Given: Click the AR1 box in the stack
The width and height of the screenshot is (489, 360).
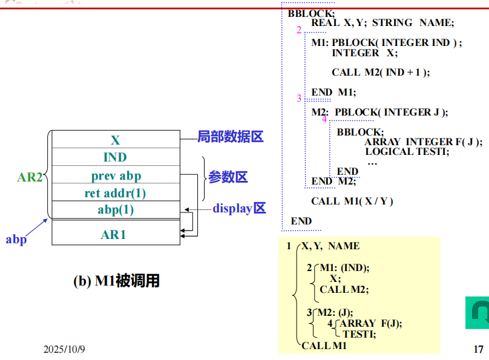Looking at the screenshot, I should [114, 234].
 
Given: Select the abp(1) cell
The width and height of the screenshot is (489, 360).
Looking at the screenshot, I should [116, 211].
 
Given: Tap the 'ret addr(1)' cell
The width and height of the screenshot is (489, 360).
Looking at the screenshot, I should [116, 194].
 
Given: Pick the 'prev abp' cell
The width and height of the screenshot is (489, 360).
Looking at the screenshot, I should [116, 176].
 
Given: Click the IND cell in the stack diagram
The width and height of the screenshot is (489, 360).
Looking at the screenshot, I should [116, 157].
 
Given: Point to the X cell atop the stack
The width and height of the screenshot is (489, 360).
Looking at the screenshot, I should [116, 140].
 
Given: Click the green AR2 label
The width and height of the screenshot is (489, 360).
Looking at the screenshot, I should [29, 177].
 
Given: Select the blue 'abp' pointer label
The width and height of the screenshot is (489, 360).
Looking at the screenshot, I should [16, 240].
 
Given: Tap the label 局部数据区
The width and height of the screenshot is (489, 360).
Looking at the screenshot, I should [231, 137].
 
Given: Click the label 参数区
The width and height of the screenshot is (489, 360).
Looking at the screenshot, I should [228, 177].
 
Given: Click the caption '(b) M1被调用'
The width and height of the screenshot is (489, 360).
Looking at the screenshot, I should [116, 281].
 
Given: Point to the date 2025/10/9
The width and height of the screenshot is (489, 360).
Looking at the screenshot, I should [65, 350].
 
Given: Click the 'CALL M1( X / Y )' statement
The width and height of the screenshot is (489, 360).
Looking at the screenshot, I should [352, 201].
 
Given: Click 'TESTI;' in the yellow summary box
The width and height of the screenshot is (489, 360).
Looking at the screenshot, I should [359, 333].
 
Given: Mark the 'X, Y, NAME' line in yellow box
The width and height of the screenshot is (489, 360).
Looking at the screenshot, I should [330, 246].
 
